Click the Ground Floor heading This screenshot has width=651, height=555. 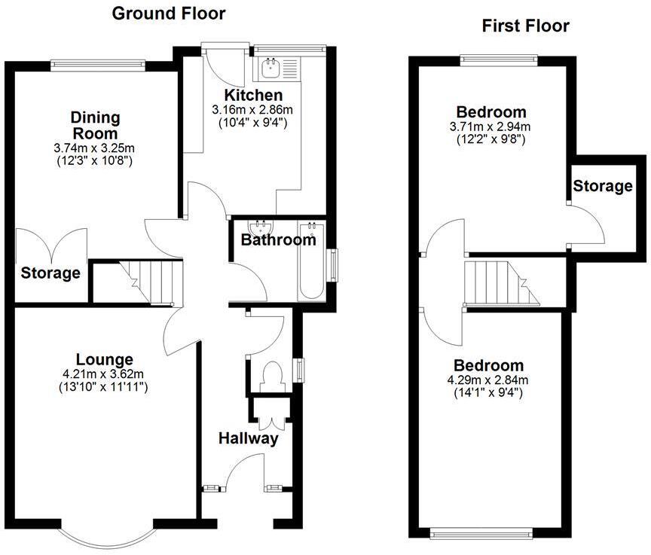pos(168,13)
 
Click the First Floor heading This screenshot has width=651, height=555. pos(525,26)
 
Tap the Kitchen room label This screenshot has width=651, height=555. pos(252,96)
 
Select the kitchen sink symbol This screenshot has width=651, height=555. pos(270,70)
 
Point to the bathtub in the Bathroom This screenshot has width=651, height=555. pos(311,261)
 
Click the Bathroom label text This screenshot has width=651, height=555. pos(277,240)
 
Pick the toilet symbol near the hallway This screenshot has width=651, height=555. pos(270,375)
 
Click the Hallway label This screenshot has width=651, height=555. pos(248,438)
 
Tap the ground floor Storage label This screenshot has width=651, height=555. pos(50,273)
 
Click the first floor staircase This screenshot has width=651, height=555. pos(502,282)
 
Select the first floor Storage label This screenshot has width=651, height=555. pos(601,186)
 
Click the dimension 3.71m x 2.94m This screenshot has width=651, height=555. pos(491,127)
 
